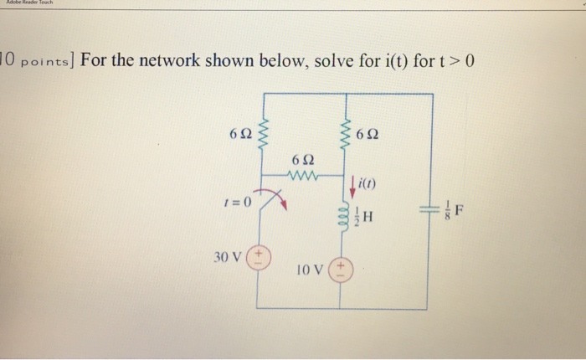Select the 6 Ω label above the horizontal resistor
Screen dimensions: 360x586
pos(303,160)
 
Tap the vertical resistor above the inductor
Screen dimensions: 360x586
pos(341,132)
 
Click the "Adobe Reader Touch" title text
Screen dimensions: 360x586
pos(28,3)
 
